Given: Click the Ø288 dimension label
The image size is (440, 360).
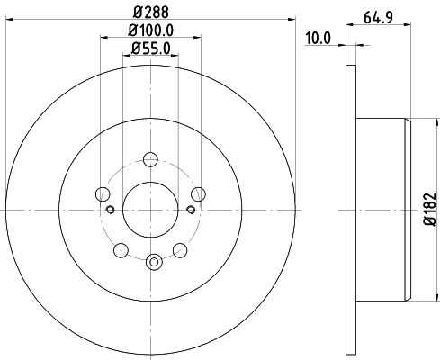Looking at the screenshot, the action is click(151, 13).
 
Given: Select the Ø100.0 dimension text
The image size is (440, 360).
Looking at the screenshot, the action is click(151, 31).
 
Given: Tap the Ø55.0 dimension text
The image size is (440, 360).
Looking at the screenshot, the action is click(151, 49).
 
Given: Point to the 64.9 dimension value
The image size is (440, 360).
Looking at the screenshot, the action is click(379, 17).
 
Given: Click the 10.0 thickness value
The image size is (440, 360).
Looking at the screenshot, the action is click(319, 39).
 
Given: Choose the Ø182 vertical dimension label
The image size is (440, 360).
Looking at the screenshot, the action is click(429, 209).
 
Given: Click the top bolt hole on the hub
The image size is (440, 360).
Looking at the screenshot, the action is click(150, 159).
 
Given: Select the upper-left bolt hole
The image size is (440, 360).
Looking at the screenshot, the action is click(103, 194).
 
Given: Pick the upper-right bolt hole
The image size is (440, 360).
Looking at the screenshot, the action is click(199, 194).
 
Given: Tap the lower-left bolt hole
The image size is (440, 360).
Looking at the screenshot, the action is click(121, 250).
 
